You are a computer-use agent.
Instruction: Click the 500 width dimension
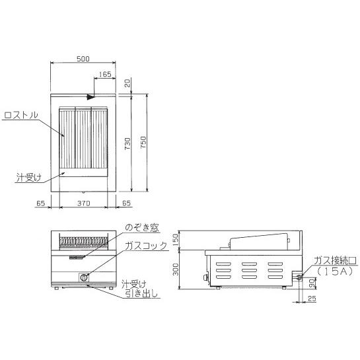(83, 59)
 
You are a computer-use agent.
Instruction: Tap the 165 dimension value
(105, 74)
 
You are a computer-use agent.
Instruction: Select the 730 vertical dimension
(127, 143)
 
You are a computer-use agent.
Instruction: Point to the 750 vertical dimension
(143, 142)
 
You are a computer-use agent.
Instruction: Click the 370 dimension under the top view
(84, 203)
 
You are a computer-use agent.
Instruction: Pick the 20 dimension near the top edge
(127, 83)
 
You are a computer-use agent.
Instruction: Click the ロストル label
(21, 115)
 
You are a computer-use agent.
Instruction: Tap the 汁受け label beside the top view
(28, 178)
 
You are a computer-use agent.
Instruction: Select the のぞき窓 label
(142, 228)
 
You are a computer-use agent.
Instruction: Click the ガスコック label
(146, 246)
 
